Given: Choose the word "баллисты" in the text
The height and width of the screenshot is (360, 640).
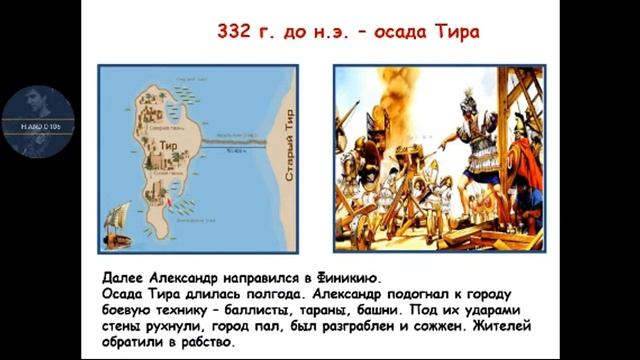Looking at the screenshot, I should click(289, 310).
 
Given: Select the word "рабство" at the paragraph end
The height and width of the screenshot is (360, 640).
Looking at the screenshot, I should click(205, 342).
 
